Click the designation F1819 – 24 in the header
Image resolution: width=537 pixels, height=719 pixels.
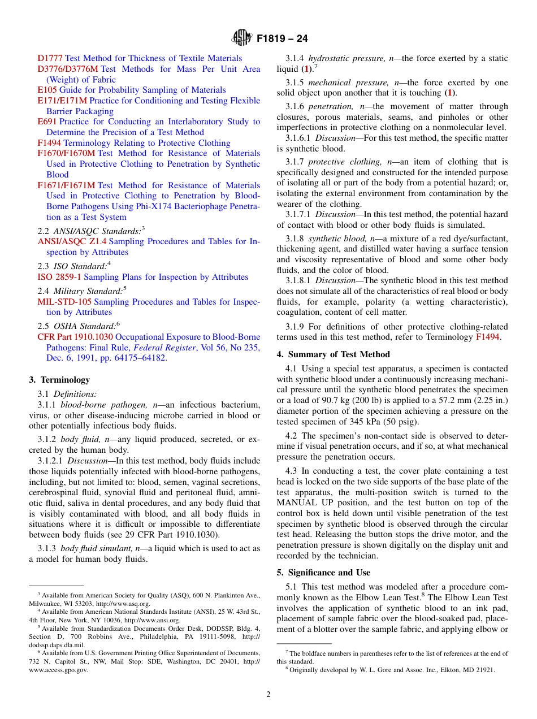[x=282, y=39]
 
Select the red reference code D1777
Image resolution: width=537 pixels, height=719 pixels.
[x=50, y=58]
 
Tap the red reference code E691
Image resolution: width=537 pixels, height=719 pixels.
[x=47, y=122]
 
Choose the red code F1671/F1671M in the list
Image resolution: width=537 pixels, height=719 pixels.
[x=66, y=185]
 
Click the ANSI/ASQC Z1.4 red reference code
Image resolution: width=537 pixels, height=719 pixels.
[x=72, y=241]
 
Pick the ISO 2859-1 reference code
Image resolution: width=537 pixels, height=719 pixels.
[x=59, y=277]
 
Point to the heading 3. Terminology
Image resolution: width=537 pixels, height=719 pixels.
[x=59, y=380]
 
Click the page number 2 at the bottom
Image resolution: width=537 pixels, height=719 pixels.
[x=268, y=695]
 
